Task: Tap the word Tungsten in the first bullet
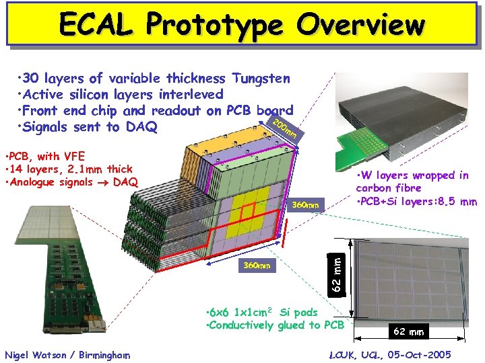(x=261, y=78)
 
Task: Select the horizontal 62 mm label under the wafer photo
(x=408, y=331)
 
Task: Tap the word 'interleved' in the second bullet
(x=189, y=94)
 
